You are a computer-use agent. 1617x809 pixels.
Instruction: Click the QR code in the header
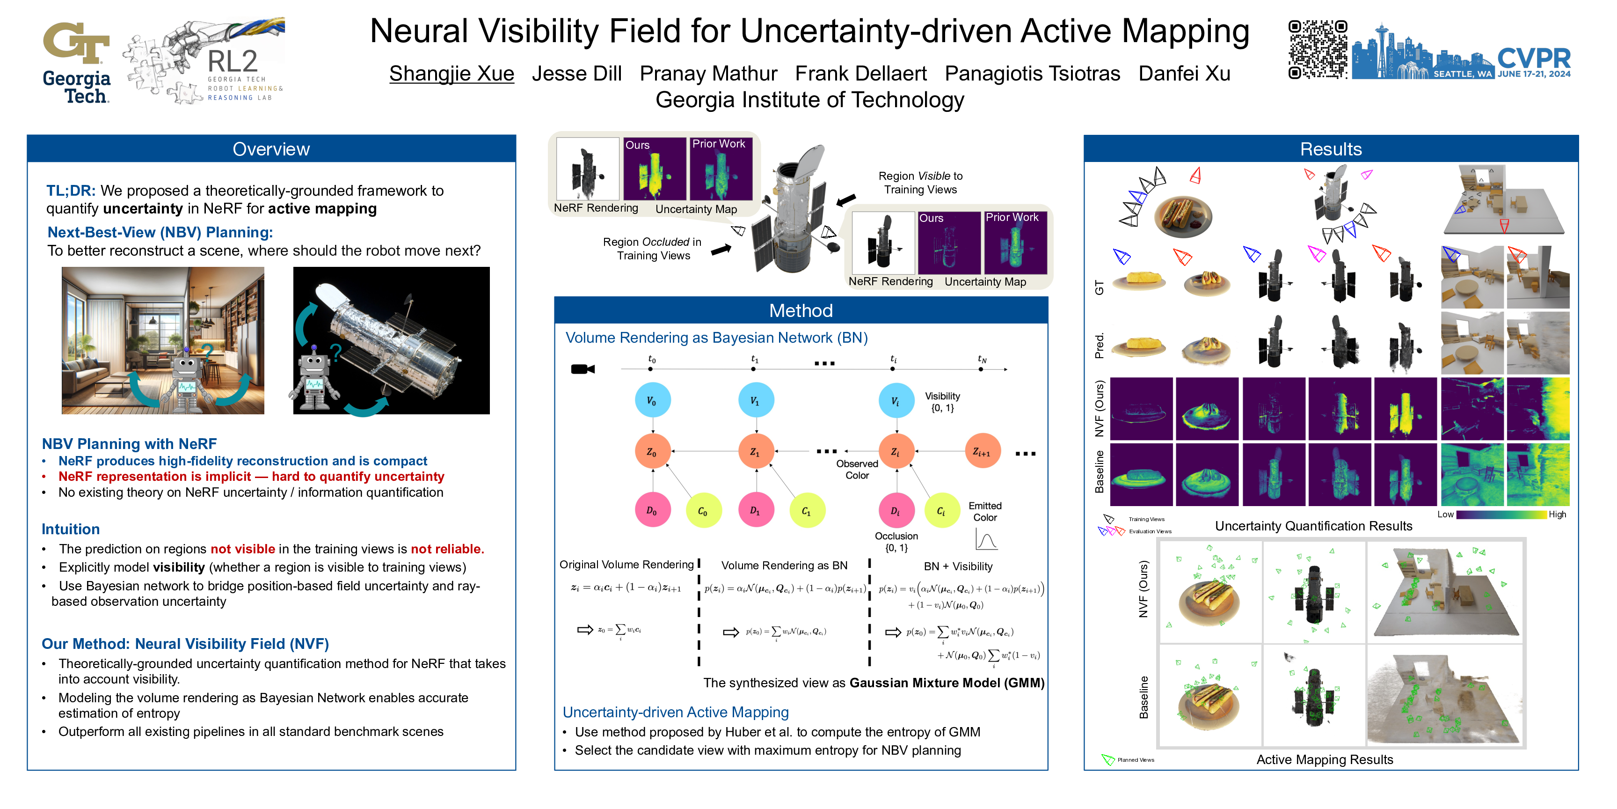[1317, 50]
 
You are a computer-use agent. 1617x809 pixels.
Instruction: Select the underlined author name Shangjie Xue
[452, 74]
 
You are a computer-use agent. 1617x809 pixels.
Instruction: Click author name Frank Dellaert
[860, 74]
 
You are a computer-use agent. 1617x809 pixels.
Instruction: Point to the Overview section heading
[271, 149]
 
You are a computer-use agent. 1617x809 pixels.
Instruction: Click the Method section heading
[801, 311]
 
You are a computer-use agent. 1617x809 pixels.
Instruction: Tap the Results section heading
[1331, 149]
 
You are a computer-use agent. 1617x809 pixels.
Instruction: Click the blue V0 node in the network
[652, 401]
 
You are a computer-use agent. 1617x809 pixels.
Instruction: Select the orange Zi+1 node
[982, 452]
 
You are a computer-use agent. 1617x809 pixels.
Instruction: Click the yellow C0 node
[703, 511]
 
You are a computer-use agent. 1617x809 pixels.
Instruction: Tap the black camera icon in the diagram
[582, 369]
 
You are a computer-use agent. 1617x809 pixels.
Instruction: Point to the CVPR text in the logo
[1534, 59]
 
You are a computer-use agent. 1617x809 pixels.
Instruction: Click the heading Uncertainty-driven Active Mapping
[676, 712]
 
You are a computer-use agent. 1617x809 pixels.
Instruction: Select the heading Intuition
[70, 530]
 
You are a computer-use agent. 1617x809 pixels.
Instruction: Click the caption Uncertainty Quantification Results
[1313, 526]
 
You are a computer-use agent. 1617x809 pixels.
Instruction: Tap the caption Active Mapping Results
[1325, 760]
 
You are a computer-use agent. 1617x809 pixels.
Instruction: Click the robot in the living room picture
[186, 377]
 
